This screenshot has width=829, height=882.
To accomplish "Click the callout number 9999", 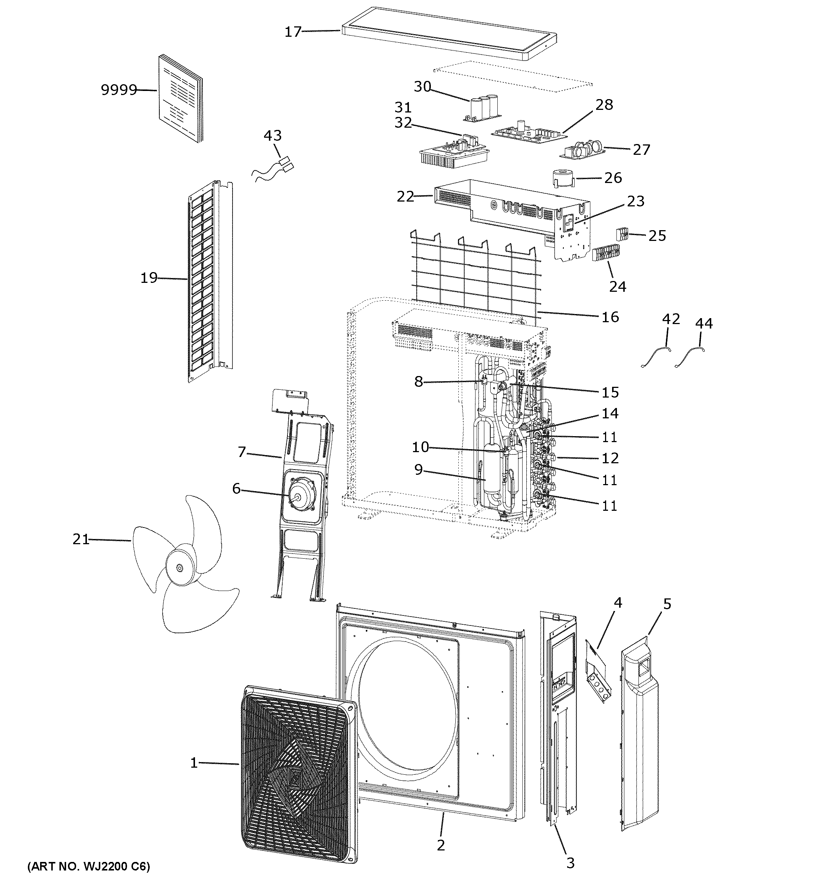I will [x=118, y=90].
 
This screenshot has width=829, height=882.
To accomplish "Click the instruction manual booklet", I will [x=180, y=98].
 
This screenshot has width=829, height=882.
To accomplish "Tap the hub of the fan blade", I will [x=179, y=568].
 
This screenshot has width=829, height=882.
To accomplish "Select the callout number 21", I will [x=81, y=539].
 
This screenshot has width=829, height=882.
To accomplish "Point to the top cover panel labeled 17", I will [x=448, y=34].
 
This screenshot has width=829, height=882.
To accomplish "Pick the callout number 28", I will [x=604, y=105].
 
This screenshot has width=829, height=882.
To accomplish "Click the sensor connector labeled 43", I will [x=284, y=163].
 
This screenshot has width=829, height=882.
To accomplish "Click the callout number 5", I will [x=667, y=604].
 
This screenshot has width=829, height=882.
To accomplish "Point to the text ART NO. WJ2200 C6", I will [x=89, y=866].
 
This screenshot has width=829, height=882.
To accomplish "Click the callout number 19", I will [x=149, y=278].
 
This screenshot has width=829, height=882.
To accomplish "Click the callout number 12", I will [x=610, y=458].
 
